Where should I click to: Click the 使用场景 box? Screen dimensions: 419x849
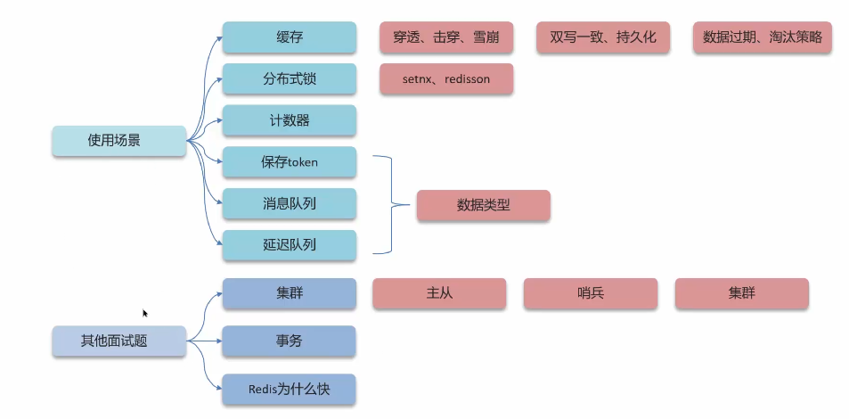(x=118, y=141)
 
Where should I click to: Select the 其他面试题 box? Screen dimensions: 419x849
(x=118, y=341)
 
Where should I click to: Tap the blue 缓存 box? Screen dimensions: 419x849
(x=289, y=37)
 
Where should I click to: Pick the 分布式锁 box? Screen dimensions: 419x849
(x=289, y=79)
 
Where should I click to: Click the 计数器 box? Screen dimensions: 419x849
(x=289, y=120)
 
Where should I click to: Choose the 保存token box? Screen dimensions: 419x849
(x=289, y=162)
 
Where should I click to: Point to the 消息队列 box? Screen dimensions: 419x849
(x=289, y=203)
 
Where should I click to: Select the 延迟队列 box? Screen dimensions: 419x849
(x=289, y=245)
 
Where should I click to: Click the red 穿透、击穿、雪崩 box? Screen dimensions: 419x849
(x=445, y=37)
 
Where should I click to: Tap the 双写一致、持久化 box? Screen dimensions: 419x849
(x=602, y=37)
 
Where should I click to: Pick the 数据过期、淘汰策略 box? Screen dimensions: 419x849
(x=762, y=37)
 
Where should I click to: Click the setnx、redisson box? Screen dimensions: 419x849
(x=445, y=79)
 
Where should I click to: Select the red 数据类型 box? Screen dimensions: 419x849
(x=483, y=205)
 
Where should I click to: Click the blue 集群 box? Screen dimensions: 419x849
(x=289, y=293)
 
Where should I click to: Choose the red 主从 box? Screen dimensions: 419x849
(x=439, y=293)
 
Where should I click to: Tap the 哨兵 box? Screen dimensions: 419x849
(x=590, y=293)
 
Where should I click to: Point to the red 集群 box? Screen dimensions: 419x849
(x=741, y=293)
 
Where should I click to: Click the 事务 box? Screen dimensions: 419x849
(x=289, y=341)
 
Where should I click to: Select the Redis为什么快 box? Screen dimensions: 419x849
(x=289, y=390)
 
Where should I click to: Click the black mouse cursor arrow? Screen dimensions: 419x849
(x=144, y=313)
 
